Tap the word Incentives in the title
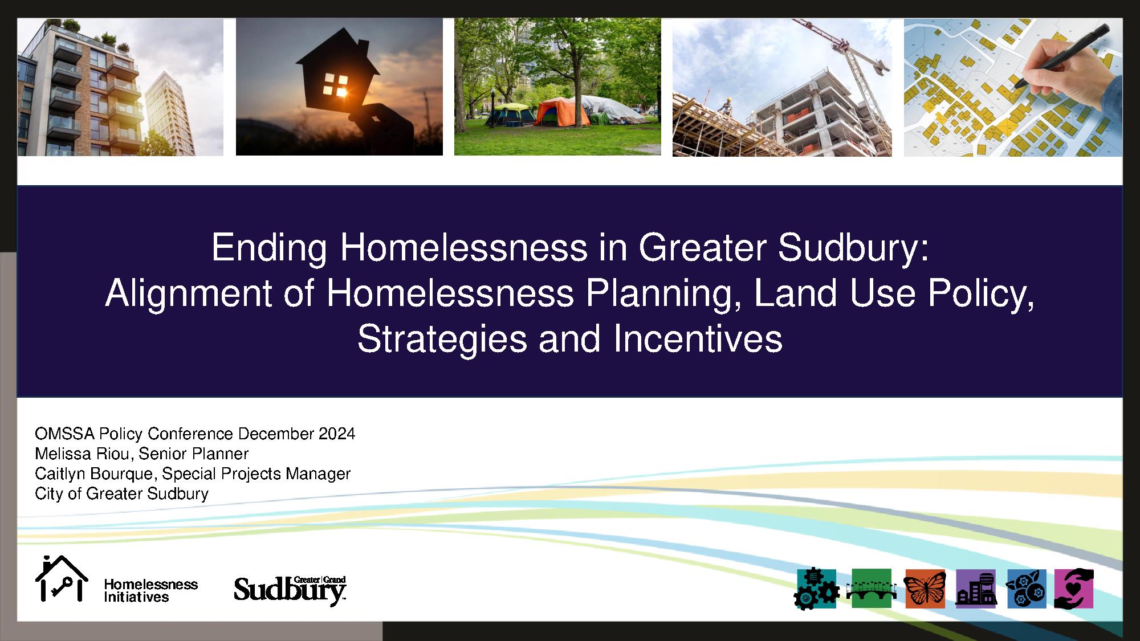698,339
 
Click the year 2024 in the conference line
337,434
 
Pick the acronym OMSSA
64,434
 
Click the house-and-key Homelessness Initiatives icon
62,578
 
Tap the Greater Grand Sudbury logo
290,590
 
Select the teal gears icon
816,589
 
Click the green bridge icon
872,589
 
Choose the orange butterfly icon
925,589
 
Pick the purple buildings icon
976,589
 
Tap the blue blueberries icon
1027,589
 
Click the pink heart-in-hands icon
1074,589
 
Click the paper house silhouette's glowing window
335,85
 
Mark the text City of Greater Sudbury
121,493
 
